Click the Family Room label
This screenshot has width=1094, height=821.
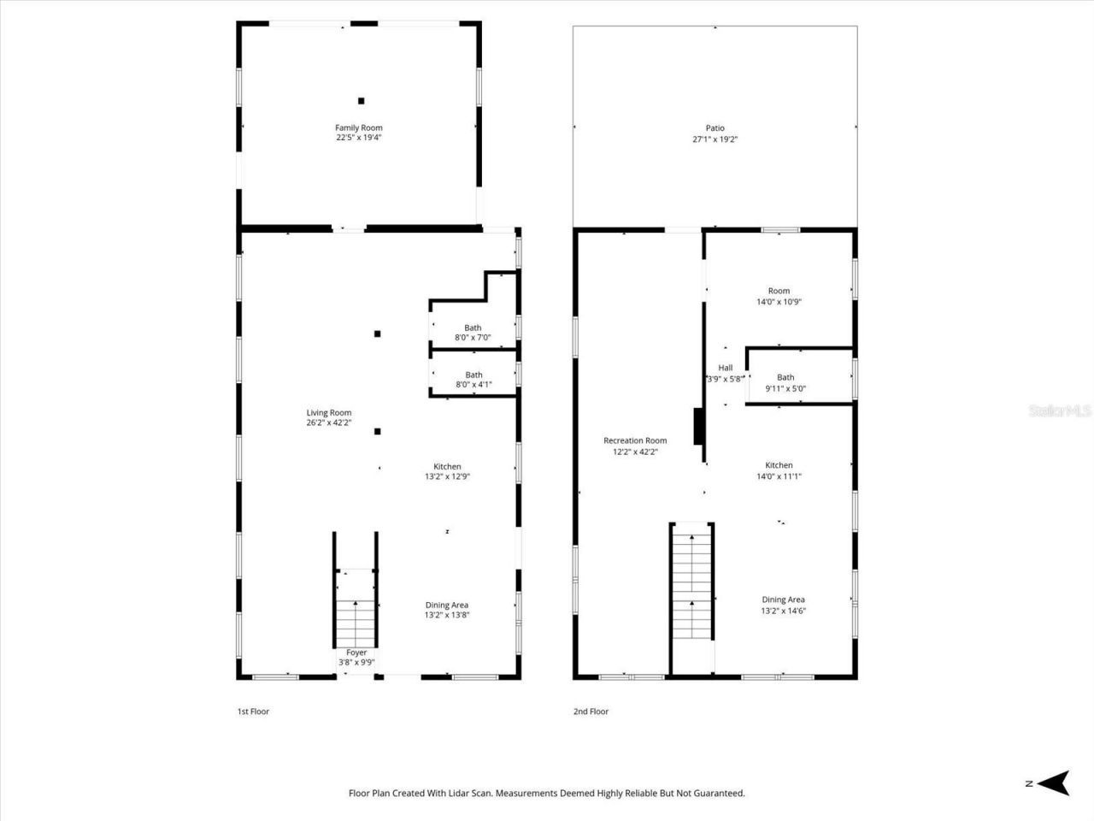tap(358, 127)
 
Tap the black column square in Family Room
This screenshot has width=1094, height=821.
tap(362, 101)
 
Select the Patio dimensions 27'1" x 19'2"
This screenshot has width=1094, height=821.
tap(715, 139)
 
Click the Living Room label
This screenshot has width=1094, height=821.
tap(329, 413)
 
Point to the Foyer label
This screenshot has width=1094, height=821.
tap(356, 653)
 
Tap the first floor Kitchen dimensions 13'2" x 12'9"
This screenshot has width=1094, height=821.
tap(447, 476)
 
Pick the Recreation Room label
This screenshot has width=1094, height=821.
tap(635, 441)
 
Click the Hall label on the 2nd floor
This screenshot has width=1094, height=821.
tap(725, 368)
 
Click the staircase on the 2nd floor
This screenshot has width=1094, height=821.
tap(691, 582)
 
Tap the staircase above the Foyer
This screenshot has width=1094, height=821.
tap(355, 616)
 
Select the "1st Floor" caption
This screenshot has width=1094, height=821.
tap(253, 712)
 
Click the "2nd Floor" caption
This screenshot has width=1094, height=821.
tap(591, 712)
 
